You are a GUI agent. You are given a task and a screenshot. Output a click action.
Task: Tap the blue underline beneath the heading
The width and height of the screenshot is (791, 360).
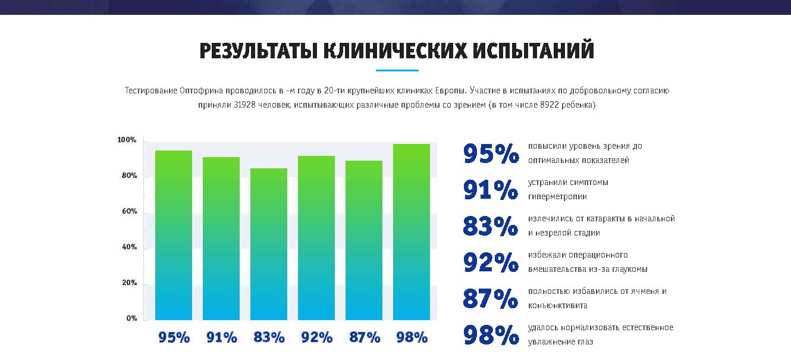coord(397,71)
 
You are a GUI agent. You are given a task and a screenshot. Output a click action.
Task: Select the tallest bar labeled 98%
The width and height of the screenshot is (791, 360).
coord(412,232)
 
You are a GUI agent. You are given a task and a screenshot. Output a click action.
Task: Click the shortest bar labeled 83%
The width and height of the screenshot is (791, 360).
coord(269,244)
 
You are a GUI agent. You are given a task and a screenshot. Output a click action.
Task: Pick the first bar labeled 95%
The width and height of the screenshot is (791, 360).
coord(174,235)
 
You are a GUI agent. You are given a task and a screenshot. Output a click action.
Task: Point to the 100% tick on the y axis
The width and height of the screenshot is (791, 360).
coord(127,140)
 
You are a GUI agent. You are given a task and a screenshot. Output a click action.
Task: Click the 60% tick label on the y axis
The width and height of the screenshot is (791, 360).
coord(130,211)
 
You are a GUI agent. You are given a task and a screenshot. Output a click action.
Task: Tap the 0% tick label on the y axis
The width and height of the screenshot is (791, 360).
coord(131,318)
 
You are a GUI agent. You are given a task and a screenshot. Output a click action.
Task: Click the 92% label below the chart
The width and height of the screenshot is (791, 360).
coord(316,337)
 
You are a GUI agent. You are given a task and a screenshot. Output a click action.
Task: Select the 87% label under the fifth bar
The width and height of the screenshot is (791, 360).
coord(364,337)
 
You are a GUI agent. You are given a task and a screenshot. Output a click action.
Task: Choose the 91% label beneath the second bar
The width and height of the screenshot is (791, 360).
coord(221,337)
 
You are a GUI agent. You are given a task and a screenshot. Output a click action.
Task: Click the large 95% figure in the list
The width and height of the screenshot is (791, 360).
coord(491,154)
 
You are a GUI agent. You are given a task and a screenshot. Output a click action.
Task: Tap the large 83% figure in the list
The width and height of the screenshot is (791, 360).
coord(491,226)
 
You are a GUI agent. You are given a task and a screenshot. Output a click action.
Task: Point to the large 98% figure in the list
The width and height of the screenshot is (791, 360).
coord(491,335)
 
